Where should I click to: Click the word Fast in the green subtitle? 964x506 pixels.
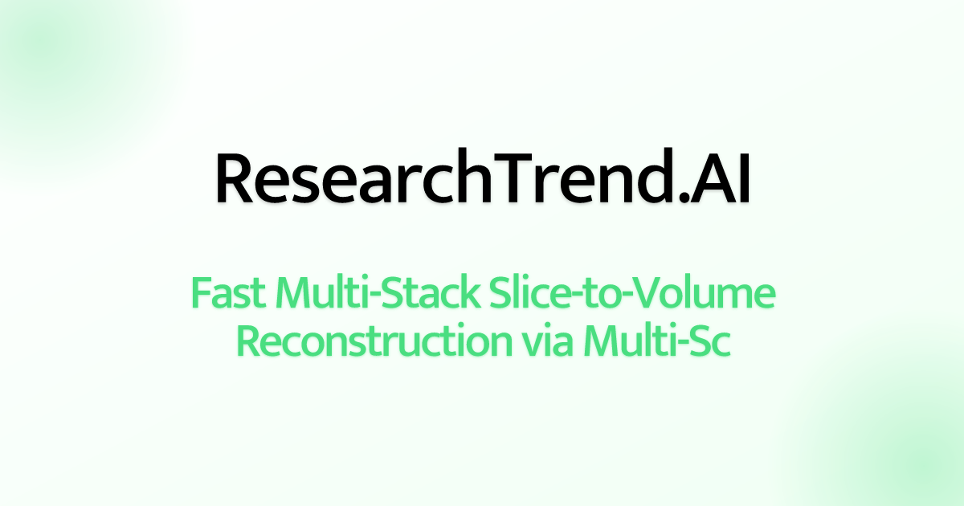(x=228, y=295)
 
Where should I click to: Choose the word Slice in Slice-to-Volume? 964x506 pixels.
(x=525, y=295)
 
